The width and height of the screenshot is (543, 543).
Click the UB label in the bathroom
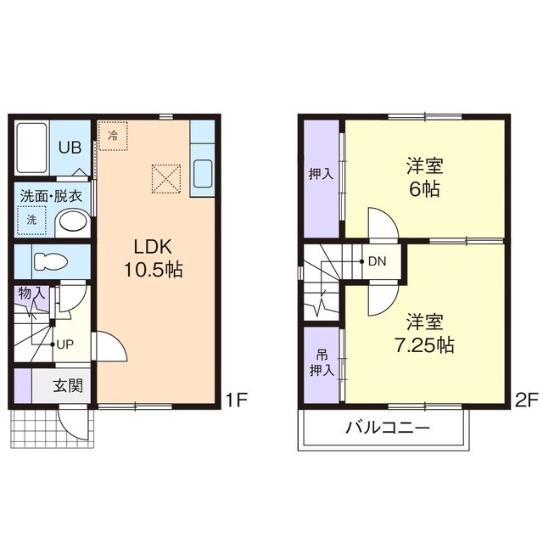[x=70, y=148]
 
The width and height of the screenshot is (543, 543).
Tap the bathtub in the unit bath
[x=32, y=148]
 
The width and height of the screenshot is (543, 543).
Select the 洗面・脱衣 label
[x=51, y=196]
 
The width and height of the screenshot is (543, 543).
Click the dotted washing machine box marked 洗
[x=32, y=221]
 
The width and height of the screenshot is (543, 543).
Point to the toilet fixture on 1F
[x=50, y=260]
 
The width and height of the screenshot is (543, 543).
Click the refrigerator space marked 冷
[x=113, y=136]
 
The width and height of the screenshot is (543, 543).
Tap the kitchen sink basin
[x=203, y=173]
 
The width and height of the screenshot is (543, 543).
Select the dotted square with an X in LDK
[x=166, y=178]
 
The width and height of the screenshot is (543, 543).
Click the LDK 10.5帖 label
[x=153, y=258]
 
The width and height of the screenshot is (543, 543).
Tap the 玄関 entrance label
[x=68, y=385]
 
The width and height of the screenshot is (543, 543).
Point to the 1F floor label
[x=236, y=400]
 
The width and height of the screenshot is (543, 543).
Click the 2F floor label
[x=526, y=400]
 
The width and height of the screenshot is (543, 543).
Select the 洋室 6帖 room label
[x=424, y=177]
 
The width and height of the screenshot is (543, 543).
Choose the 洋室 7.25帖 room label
[x=424, y=333]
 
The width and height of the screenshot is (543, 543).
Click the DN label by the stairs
[x=377, y=261]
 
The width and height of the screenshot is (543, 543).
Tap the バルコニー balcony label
[x=388, y=428]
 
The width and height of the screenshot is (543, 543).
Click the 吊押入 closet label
[x=322, y=363]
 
